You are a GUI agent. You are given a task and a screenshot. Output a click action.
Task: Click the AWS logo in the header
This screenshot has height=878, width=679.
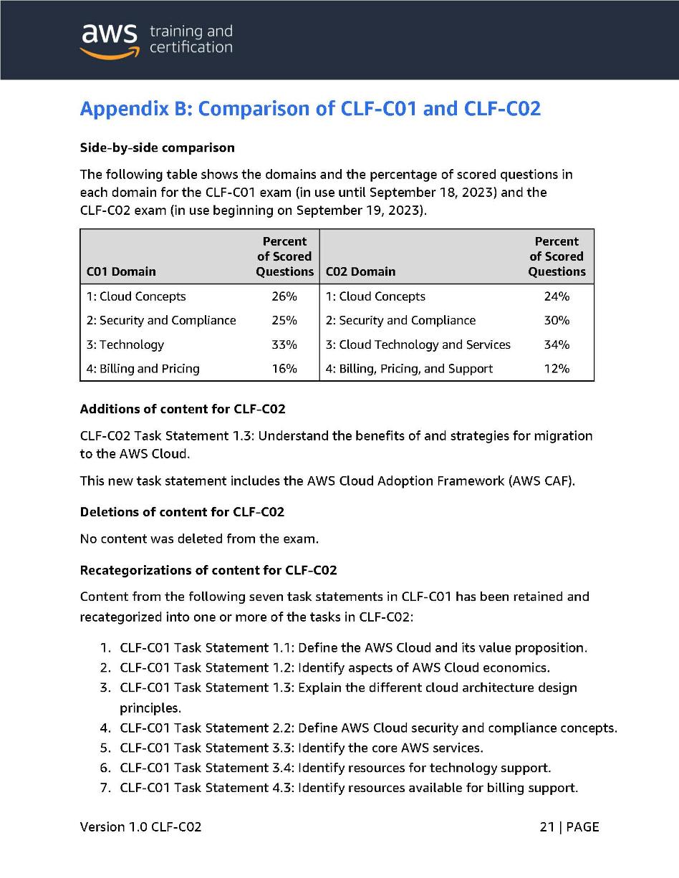pos(109,39)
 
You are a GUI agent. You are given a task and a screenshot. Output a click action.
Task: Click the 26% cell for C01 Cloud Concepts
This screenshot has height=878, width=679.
pos(284,296)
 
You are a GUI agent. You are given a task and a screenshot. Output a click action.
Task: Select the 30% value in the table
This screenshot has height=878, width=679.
pos(557,320)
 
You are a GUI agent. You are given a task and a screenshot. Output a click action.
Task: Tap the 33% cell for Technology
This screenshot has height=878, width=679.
pos(284,344)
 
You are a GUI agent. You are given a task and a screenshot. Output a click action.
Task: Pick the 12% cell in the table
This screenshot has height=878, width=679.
pos(557,369)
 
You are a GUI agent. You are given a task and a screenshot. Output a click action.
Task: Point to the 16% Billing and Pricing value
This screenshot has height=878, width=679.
pos(284,369)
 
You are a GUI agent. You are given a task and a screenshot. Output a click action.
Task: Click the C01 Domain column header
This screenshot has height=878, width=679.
pos(121,271)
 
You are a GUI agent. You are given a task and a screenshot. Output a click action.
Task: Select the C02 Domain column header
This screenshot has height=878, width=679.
pos(360,271)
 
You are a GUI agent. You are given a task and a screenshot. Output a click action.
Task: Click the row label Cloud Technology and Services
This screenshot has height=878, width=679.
pos(418,344)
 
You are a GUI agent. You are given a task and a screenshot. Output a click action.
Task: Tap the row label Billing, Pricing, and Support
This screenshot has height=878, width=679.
pos(409,369)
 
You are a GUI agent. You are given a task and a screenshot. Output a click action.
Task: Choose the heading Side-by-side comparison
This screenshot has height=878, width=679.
pos(157,148)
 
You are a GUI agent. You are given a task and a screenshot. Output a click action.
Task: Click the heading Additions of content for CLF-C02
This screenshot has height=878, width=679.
pos(182,409)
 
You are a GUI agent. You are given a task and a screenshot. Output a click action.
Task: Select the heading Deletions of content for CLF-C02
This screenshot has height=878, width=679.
pos(182,512)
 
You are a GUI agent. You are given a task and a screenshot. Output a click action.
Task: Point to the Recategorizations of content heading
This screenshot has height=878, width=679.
pos(208,570)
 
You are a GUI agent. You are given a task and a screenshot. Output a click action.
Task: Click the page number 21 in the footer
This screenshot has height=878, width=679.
pos(547,827)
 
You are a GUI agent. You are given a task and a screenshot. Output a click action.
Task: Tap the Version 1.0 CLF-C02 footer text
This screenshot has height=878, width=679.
pos(140,827)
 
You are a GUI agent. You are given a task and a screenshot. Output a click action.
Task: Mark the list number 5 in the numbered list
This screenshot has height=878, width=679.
pos(105,748)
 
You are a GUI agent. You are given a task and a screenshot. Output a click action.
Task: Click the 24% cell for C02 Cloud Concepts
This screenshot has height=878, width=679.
pos(557,296)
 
